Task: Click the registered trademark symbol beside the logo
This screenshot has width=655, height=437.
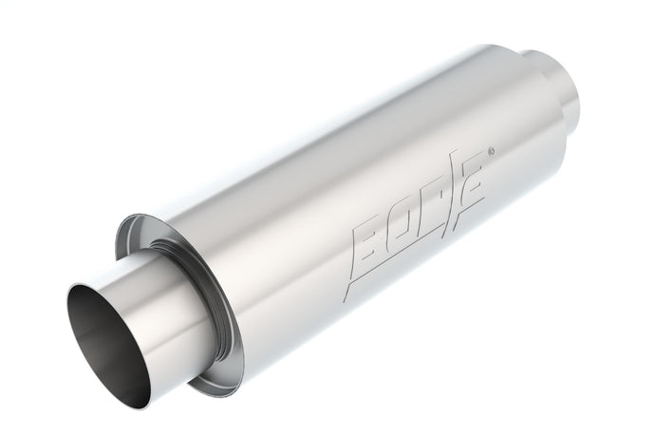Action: click(x=489, y=150)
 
